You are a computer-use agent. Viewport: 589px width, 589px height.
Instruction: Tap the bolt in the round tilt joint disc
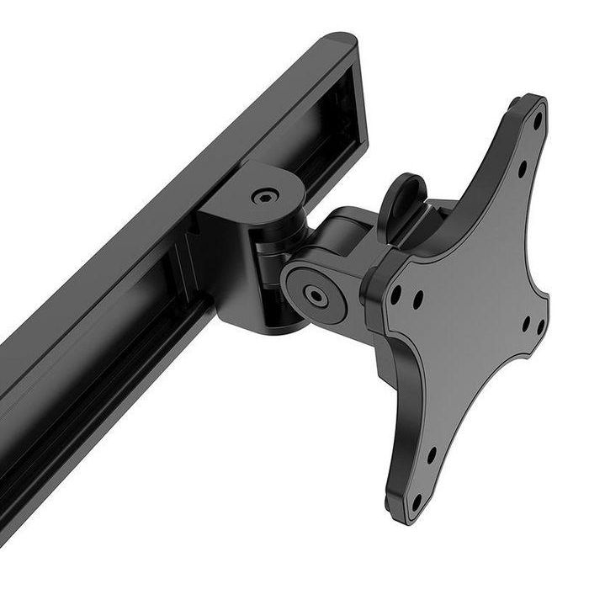[316, 294]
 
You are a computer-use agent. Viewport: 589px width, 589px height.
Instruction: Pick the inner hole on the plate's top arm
[522, 168]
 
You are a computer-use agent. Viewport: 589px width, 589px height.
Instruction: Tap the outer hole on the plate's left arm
[395, 294]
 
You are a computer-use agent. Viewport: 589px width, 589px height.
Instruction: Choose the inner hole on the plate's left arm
[417, 296]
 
